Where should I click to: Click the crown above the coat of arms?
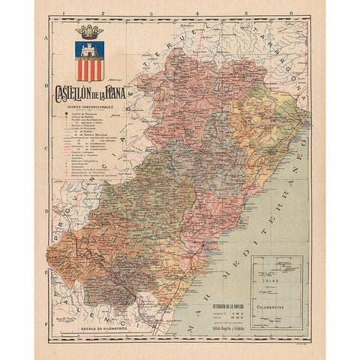click(90, 32)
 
